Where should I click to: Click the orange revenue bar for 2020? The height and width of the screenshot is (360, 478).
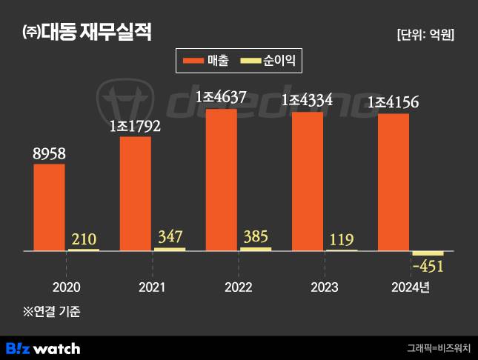[x=49, y=207]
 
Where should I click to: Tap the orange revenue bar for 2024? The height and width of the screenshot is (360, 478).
[x=393, y=182]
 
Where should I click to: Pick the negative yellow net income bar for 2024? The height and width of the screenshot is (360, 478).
[x=428, y=254]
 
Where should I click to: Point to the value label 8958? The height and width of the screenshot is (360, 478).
[x=49, y=153]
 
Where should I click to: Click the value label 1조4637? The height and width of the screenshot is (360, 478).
[x=221, y=97]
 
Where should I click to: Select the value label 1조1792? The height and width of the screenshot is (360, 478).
[x=134, y=126]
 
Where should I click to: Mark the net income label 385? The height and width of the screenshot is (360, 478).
[x=256, y=237]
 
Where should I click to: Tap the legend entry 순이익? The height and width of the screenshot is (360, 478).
[x=272, y=61]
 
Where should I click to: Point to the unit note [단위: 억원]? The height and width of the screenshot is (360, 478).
[x=425, y=34]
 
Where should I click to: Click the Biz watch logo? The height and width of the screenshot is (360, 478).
[x=43, y=347]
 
